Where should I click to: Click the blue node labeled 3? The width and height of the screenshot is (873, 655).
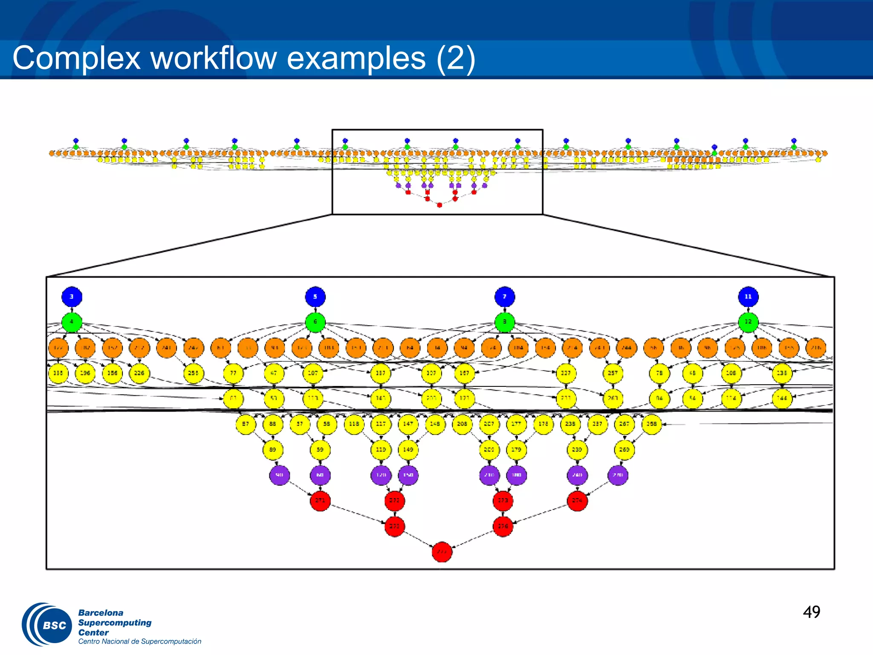point(72,296)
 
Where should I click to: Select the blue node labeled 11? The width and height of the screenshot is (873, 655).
point(748,296)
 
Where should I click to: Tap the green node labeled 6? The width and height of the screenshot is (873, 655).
point(315,322)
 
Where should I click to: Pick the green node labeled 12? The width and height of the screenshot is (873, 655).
point(748,322)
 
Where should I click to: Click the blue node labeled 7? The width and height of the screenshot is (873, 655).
point(505,296)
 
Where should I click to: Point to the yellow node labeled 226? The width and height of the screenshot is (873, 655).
point(139,373)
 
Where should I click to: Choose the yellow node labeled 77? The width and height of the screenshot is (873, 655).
point(233,373)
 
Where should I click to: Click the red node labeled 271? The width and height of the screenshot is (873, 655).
point(320,501)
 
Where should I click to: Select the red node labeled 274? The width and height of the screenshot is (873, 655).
point(577,501)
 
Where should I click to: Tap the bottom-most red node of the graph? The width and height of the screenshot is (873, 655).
point(442,552)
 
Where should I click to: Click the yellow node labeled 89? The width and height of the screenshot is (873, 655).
point(273,449)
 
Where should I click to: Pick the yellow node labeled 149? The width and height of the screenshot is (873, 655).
point(408,449)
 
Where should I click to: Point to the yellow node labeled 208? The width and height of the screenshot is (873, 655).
point(462,424)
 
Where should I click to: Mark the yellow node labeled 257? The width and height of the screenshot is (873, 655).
point(613,373)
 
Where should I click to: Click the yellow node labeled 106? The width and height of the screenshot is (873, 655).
point(731,373)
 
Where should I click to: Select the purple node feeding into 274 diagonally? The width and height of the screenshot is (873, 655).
point(618,475)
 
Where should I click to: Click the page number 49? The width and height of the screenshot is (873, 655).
point(812,612)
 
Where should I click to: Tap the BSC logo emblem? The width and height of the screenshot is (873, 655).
point(48,625)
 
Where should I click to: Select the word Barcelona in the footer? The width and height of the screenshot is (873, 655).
point(101,613)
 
